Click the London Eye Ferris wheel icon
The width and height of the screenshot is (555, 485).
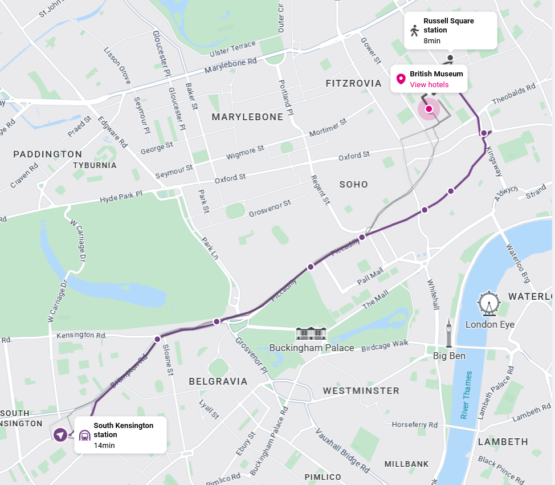click(x=489, y=304)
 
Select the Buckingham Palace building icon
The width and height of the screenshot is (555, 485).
click(x=311, y=334)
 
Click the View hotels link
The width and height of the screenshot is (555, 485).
click(x=429, y=85)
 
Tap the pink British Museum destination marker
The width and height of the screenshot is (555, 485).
click(x=429, y=109)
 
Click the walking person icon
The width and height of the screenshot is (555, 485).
click(x=414, y=31)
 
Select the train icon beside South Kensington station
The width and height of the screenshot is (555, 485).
click(x=84, y=435)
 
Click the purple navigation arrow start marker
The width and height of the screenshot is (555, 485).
click(x=60, y=435)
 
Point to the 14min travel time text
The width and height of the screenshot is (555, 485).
click(x=104, y=445)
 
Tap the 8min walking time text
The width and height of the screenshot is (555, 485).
click(x=432, y=41)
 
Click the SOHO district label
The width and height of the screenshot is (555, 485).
click(x=354, y=185)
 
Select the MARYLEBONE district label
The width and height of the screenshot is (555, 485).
click(x=247, y=117)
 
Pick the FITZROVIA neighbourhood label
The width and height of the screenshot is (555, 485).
click(x=353, y=84)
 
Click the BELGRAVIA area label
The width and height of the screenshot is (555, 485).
click(x=218, y=381)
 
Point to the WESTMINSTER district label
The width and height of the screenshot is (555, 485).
click(x=361, y=391)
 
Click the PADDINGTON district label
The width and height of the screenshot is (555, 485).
click(x=48, y=154)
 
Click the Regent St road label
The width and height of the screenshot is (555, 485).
click(x=321, y=190)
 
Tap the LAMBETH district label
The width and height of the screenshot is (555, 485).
click(x=503, y=442)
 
